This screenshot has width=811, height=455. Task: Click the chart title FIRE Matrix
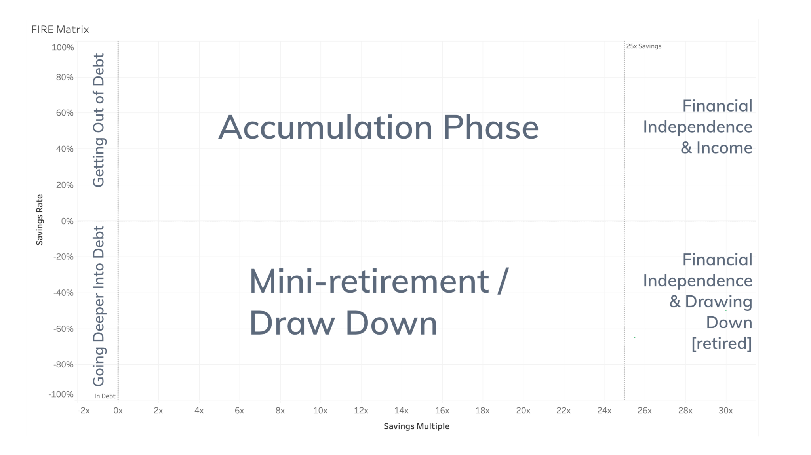(60, 30)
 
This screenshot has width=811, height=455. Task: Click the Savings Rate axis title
(39, 220)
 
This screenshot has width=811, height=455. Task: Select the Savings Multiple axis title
(417, 426)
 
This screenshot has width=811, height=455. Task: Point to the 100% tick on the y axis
(63, 48)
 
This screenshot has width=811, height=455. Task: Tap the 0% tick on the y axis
(67, 221)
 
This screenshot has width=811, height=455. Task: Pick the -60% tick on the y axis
(63, 329)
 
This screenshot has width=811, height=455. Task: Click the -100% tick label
(61, 394)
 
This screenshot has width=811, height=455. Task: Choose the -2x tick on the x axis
(84, 411)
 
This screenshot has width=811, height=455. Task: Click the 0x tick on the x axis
(118, 411)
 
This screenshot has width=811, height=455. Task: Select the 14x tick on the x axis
(402, 411)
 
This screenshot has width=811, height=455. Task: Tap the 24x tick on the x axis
(604, 411)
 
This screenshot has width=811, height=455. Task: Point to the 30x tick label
(726, 411)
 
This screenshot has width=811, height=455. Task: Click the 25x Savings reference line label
(644, 46)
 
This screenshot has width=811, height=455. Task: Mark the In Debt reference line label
(105, 396)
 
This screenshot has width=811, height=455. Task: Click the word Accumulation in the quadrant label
(326, 128)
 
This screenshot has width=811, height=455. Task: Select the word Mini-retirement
(369, 281)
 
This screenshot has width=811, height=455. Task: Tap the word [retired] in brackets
(722, 343)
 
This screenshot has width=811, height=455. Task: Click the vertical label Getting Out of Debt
(99, 120)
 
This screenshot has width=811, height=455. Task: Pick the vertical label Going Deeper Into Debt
(99, 306)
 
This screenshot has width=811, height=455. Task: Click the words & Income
(716, 148)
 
